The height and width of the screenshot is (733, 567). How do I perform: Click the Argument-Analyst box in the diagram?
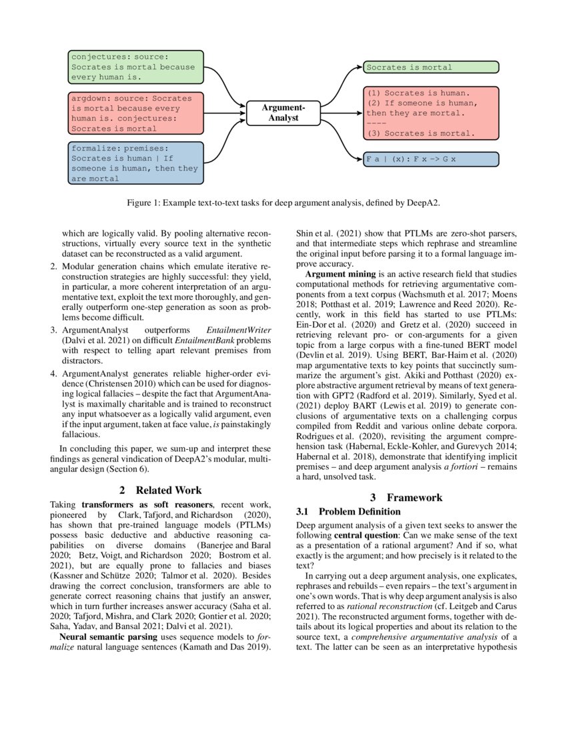point(283,113)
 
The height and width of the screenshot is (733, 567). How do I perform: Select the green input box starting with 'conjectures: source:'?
point(136,67)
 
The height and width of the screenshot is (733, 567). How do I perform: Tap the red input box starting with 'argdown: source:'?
point(136,113)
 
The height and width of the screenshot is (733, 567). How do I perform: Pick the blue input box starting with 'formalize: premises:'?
point(136,163)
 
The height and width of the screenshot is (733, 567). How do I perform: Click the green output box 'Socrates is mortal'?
point(430,67)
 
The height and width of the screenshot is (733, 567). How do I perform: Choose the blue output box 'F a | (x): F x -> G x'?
point(430,160)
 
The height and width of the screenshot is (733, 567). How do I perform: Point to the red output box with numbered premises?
point(430,113)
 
